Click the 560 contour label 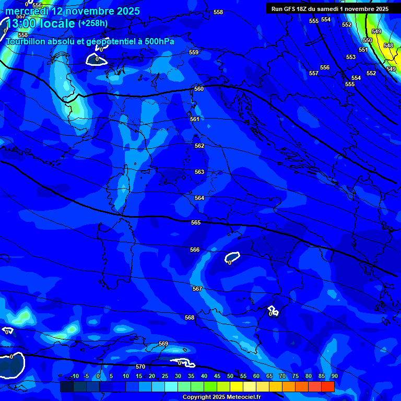pyautogui.click(x=199, y=89)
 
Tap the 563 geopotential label pyautogui.click(x=199, y=172)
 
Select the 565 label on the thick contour pyautogui.click(x=196, y=222)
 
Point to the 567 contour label pyautogui.click(x=197, y=289)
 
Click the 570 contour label pyautogui.click(x=140, y=367)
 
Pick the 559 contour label pyautogui.click(x=194, y=52)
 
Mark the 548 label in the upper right pyautogui.click(x=388, y=45)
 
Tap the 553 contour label pyautogui.click(x=351, y=57)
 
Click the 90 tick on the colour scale pyautogui.click(x=334, y=376)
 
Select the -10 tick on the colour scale pyautogui.click(x=74, y=376)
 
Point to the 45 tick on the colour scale pyautogui.click(x=217, y=376)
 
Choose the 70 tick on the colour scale pyautogui.click(x=282, y=376)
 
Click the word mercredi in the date pyautogui.click(x=27, y=11)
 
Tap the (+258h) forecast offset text pyautogui.click(x=93, y=23)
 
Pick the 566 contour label pyautogui.click(x=195, y=250)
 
